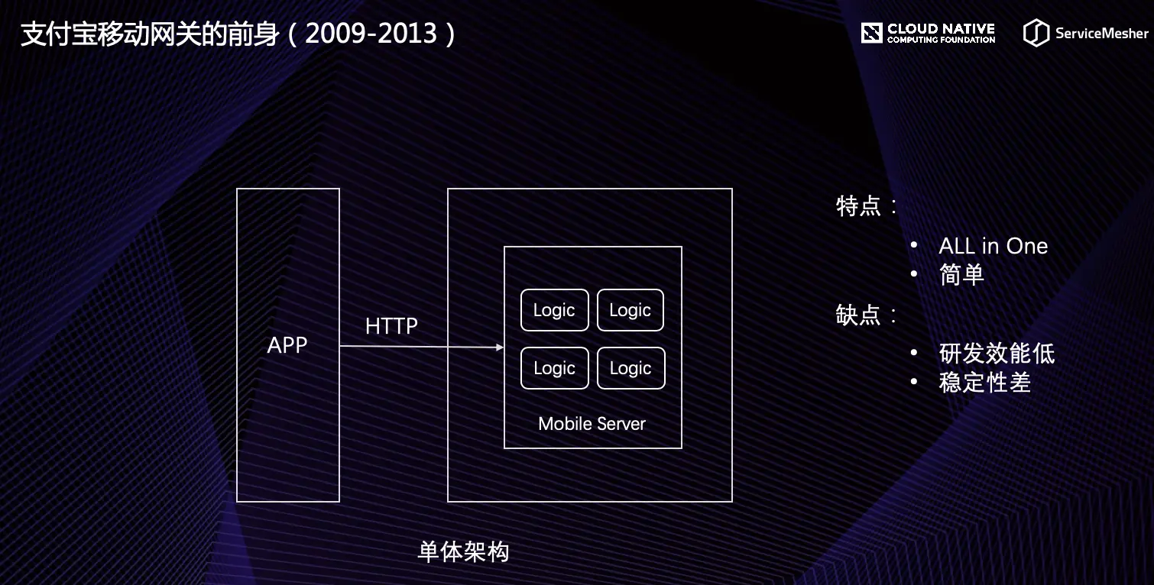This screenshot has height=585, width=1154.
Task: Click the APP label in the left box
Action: click(287, 345)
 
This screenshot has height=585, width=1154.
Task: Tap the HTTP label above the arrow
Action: click(391, 326)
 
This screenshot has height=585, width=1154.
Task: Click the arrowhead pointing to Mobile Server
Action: click(500, 347)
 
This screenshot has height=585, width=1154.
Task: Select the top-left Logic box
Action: click(554, 310)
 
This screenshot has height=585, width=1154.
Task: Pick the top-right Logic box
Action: click(630, 310)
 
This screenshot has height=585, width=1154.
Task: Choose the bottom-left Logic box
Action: click(554, 368)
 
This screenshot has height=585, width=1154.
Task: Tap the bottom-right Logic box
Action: click(630, 368)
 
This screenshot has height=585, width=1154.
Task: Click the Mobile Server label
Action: click(592, 424)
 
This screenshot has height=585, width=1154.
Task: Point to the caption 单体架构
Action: click(463, 552)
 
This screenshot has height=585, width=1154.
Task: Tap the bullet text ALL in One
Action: click(994, 246)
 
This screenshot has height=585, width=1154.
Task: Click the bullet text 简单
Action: click(961, 274)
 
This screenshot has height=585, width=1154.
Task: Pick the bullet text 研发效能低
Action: click(997, 354)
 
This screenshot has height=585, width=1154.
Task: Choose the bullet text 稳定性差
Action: click(984, 383)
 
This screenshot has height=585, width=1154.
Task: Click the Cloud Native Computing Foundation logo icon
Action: click(872, 33)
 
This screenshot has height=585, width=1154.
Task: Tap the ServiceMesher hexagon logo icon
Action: click(1036, 33)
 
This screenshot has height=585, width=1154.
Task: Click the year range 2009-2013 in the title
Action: click(371, 34)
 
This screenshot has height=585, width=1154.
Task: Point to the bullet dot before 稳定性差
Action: click(914, 382)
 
